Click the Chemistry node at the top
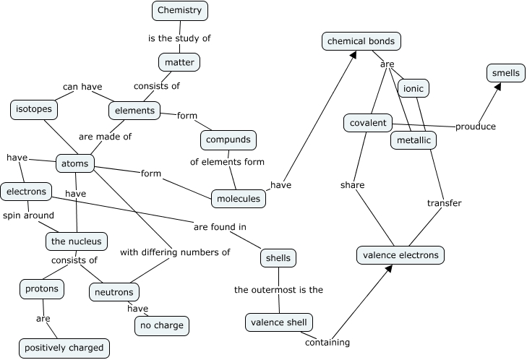point(180,10)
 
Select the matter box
point(179,62)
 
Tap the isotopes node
point(34,110)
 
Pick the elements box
point(134,111)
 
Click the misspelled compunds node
point(228,139)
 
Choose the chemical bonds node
point(361,41)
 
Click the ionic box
point(414,88)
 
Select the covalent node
point(368,123)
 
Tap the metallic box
point(414,140)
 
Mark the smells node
point(505,73)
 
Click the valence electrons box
point(400,254)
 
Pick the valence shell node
point(278,322)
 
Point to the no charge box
point(162,326)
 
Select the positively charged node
point(64,348)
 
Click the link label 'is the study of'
point(179,38)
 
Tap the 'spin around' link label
point(28,215)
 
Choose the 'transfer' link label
point(444,203)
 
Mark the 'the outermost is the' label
point(278,290)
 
